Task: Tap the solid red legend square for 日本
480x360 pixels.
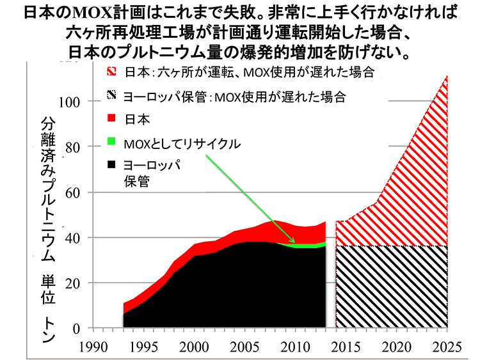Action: tap(111, 118)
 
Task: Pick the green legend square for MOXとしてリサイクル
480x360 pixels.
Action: tap(111, 141)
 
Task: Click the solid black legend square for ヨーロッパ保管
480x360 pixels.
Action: tap(111, 165)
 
